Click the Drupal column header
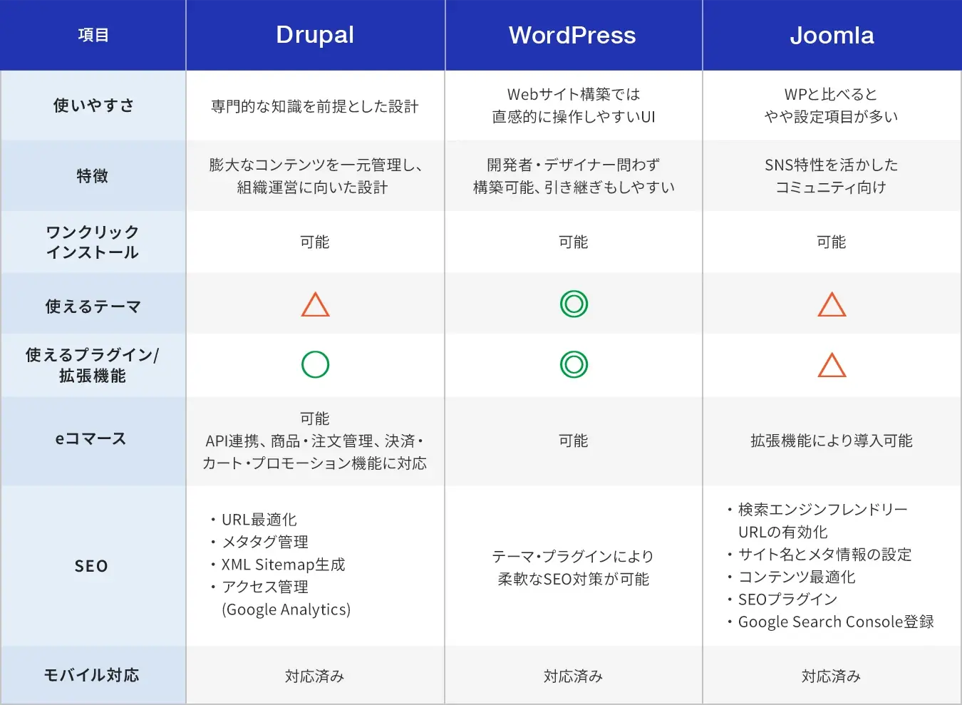point(315,35)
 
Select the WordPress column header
point(572,35)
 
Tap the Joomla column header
point(832,35)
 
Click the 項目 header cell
point(93,35)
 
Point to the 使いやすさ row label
point(93,106)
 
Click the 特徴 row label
point(93,176)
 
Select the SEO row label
point(92,566)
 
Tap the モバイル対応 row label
point(92,675)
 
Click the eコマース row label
point(91,439)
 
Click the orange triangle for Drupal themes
point(315,305)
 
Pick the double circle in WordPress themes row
point(574,304)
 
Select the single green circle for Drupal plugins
point(315,365)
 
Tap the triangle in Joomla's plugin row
point(832,366)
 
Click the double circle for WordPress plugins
point(574,365)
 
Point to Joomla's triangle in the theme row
point(832,305)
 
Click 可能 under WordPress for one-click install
point(574,242)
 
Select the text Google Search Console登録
point(836,622)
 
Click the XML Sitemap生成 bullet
point(283,565)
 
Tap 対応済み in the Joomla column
point(832,676)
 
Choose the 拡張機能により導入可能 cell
point(832,441)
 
